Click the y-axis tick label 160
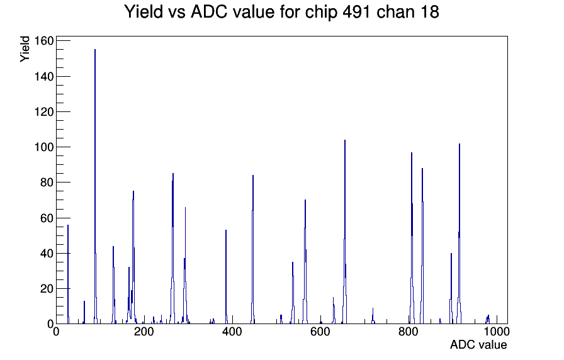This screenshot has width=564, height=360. point(43,41)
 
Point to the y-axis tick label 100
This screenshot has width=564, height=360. point(43,147)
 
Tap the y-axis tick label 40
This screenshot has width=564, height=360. point(47,253)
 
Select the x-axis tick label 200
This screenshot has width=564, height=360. point(144,332)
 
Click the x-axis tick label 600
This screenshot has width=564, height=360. point(320,332)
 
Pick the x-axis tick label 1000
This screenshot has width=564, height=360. point(497,332)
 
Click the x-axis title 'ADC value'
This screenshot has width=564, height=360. point(478,344)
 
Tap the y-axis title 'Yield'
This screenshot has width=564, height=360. point(25,49)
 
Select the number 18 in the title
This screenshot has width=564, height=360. point(429,12)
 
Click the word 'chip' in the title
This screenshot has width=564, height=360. point(321,13)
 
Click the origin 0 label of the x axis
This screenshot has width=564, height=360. point(56,332)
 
